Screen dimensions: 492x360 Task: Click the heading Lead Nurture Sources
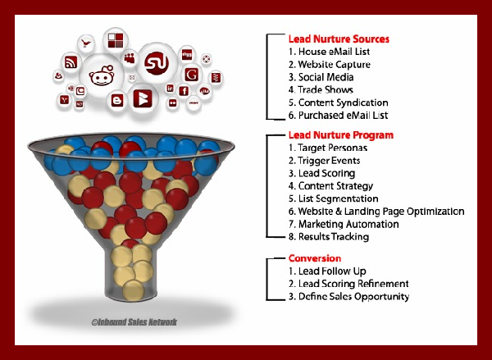pos(339,39)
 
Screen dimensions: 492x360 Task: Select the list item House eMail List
pos(329,52)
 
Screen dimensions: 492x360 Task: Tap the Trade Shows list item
pos(321,89)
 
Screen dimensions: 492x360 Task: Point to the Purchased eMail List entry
pos(338,115)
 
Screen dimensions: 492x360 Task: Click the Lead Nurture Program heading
pos(341,135)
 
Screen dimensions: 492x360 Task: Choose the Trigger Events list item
pos(325,161)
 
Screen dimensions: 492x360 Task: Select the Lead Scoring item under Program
pos(322,173)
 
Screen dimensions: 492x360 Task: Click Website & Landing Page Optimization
pos(376,212)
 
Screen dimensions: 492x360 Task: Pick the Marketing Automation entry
pos(344,224)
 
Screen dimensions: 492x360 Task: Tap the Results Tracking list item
pos(329,237)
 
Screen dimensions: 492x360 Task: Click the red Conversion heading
pos(315,258)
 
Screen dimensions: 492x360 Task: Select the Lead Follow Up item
pos(327,271)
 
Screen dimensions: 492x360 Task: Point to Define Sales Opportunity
pos(349,297)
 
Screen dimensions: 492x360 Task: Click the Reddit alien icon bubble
pos(102,75)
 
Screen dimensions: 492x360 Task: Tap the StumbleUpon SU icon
pos(157,64)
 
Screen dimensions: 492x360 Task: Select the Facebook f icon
pos(184,91)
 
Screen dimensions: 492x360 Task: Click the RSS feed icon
pos(71,62)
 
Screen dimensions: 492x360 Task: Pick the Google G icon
pos(191,75)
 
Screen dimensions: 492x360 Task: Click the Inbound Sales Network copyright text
pos(134,322)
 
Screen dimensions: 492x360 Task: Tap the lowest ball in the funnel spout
pos(134,290)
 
